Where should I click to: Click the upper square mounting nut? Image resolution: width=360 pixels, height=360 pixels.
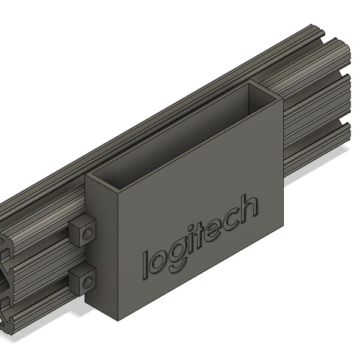click(x=82, y=232)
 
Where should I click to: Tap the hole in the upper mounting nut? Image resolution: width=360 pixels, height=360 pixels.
click(x=87, y=234)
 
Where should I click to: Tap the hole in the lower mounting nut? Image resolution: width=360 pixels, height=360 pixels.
click(x=87, y=283)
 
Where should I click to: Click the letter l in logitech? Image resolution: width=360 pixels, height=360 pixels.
click(x=145, y=266)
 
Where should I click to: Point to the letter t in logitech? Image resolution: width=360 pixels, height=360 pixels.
click(x=199, y=236)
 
